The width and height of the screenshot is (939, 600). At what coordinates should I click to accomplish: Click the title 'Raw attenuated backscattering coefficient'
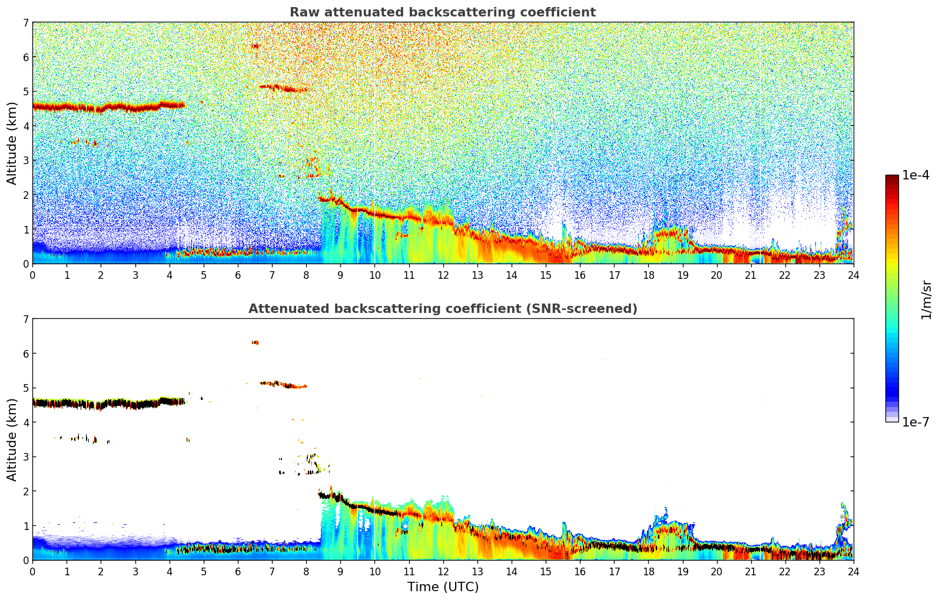point(442,12)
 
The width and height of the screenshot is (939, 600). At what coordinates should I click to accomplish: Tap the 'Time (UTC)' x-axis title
point(443,586)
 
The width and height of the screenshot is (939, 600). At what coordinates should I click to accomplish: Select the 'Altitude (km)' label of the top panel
point(12,143)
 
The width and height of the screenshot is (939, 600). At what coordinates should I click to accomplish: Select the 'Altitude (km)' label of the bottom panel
point(12,439)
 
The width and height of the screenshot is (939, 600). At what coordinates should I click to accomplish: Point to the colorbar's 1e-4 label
point(915,175)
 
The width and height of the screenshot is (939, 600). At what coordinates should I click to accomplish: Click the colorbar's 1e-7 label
point(915,422)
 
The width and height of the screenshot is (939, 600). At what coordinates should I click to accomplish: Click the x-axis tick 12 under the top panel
point(443,275)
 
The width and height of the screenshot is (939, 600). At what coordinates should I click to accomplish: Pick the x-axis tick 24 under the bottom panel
point(853,571)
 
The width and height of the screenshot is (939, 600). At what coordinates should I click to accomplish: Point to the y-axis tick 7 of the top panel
point(25,23)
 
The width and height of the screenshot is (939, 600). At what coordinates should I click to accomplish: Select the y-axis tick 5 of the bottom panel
point(25,388)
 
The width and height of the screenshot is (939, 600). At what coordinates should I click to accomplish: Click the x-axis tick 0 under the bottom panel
point(32,571)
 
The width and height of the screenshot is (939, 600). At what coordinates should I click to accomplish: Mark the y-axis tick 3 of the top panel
point(25,161)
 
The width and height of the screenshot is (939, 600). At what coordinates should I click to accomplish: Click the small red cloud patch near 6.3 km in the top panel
point(255,46)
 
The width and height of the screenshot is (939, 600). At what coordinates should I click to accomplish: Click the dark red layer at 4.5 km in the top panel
point(106,107)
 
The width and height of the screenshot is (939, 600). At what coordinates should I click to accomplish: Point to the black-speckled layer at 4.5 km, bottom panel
point(106,404)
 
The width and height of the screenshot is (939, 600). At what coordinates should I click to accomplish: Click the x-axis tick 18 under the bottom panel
point(648,571)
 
